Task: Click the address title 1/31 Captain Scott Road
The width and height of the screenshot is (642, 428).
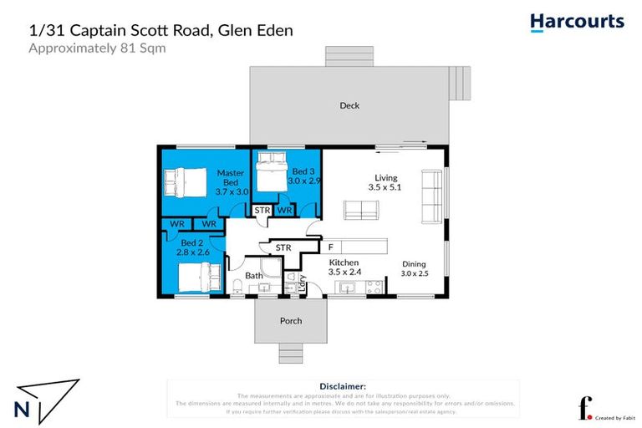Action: [x=160, y=30]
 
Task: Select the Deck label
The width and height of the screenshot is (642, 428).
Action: [x=349, y=105]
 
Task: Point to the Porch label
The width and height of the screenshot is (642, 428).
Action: [x=291, y=321]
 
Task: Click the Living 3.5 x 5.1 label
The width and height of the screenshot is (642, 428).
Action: [x=385, y=183]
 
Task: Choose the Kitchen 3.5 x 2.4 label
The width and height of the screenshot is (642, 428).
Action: [x=344, y=267]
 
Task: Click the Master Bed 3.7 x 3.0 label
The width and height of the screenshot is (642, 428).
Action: [x=230, y=182]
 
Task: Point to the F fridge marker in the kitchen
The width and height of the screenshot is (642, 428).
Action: [x=331, y=247]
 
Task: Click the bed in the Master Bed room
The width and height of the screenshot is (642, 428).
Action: [x=183, y=181]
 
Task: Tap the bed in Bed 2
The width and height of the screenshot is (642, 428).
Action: [x=200, y=276]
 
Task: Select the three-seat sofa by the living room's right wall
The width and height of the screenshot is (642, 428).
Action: [x=432, y=197]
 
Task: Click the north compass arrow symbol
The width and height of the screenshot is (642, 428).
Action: [x=47, y=399]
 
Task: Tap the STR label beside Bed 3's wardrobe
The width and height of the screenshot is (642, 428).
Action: [x=262, y=211]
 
